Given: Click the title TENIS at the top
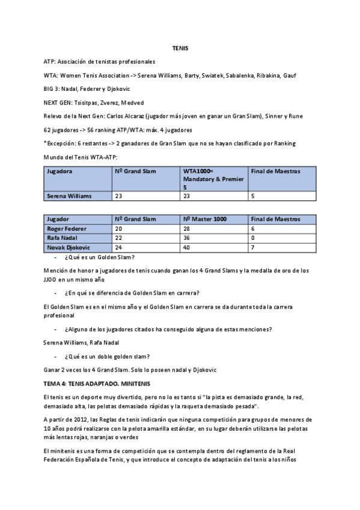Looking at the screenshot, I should [x=180, y=48].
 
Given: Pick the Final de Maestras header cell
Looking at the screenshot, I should [x=275, y=171].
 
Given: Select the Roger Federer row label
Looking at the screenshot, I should [x=67, y=229].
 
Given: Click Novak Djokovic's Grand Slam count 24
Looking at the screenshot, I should [x=119, y=247].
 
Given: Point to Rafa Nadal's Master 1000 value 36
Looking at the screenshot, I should [x=188, y=238].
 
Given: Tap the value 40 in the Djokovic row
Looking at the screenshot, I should [x=188, y=247].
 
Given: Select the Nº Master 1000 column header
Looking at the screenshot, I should [x=205, y=219].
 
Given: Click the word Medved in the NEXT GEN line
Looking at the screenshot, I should [x=132, y=102].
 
